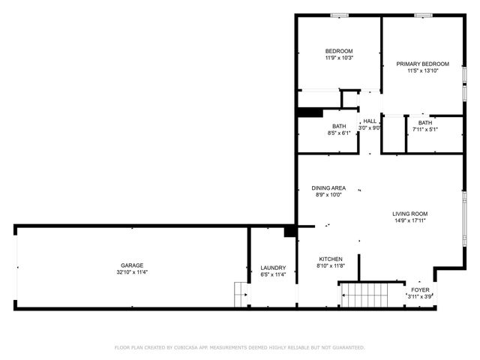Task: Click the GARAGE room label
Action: point(132,265)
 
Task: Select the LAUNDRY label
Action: point(273,268)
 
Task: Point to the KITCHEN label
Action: point(330,259)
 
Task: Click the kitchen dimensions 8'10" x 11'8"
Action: point(330,267)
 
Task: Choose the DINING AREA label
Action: point(328,187)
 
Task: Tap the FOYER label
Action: point(419,289)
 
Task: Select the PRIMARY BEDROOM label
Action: point(423,64)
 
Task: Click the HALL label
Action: point(369,121)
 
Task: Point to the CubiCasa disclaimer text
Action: point(240,348)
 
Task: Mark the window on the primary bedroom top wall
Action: point(422,14)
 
